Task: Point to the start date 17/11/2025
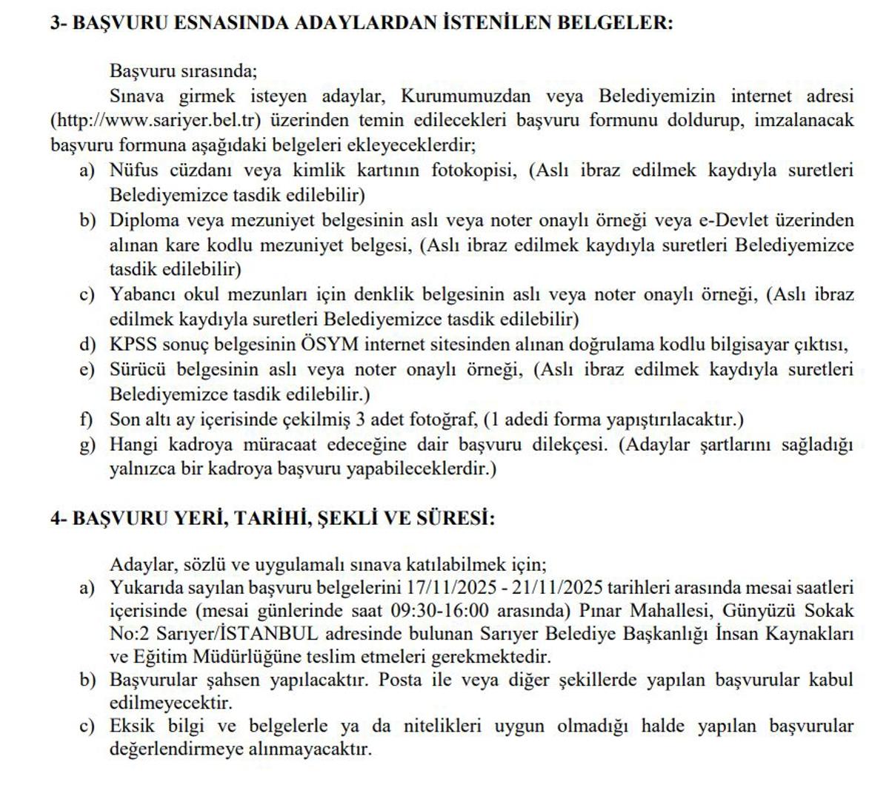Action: pos(450,588)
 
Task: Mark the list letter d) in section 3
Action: pos(87,344)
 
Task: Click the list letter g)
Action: pos(87,445)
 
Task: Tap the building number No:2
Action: pos(127,635)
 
